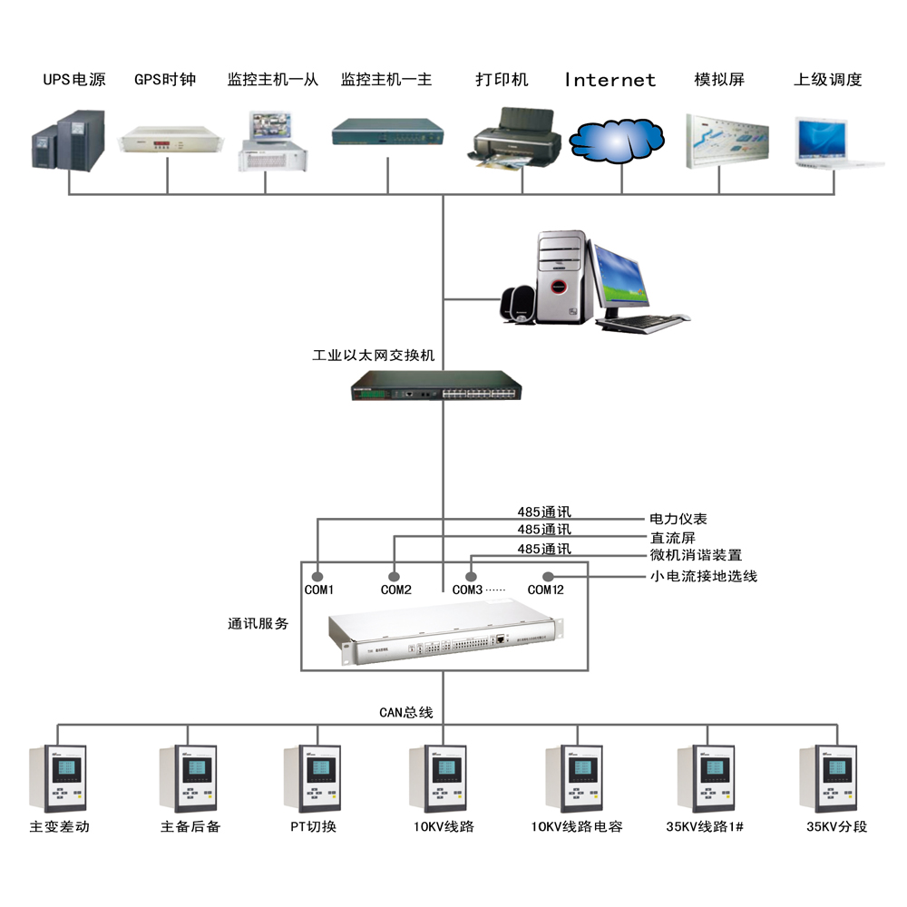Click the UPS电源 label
(x=74, y=80)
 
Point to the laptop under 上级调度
(x=837, y=143)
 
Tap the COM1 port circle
(x=317, y=576)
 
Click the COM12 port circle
(x=547, y=576)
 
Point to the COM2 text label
(x=396, y=590)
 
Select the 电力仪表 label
(x=678, y=520)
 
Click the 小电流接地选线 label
(x=703, y=576)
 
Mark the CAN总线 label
(x=405, y=713)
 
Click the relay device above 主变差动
(x=58, y=779)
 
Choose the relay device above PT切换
(x=312, y=779)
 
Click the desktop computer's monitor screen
(x=622, y=277)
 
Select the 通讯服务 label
(x=258, y=624)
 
